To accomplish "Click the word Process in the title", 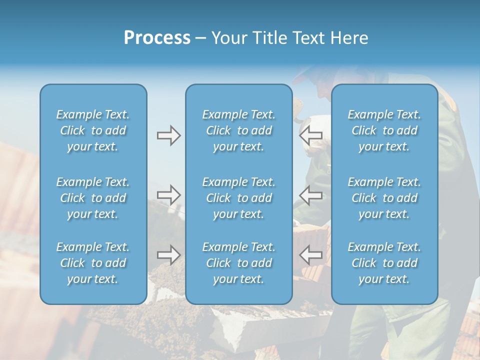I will pyautogui.click(x=157, y=38).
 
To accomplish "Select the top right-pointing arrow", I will pyautogui.click(x=168, y=135).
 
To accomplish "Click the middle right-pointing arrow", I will pyautogui.click(x=168, y=195).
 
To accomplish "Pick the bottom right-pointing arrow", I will pyautogui.click(x=168, y=255).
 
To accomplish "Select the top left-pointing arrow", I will pyautogui.click(x=311, y=135).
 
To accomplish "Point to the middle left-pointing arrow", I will pyautogui.click(x=311, y=195).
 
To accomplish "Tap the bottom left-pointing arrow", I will pyautogui.click(x=311, y=255).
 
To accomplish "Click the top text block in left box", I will pyautogui.click(x=93, y=130).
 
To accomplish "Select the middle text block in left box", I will pyautogui.click(x=93, y=198).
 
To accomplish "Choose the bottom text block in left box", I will pyautogui.click(x=93, y=263).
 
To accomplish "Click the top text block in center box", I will pyautogui.click(x=239, y=130).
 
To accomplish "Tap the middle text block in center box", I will pyautogui.click(x=239, y=198).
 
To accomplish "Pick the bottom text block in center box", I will pyautogui.click(x=239, y=263).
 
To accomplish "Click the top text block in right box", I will pyautogui.click(x=384, y=130).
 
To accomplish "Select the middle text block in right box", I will pyautogui.click(x=384, y=198).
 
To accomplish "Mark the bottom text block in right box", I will pyautogui.click(x=384, y=263).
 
